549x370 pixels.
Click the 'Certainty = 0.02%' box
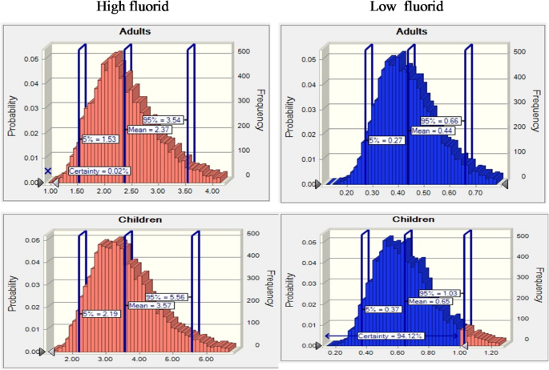pos(100,171)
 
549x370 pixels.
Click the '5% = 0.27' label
pos(386,139)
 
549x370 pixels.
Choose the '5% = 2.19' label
pos(100,314)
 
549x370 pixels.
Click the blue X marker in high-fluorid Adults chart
pos(48,171)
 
